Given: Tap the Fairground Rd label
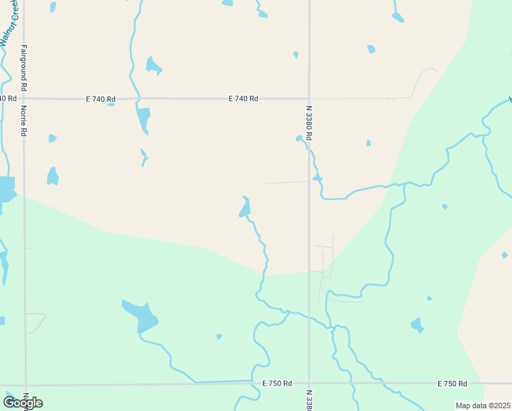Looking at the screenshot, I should (24, 68).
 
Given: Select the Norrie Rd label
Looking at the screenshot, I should (24, 121).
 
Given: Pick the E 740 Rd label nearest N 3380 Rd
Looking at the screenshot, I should (243, 99).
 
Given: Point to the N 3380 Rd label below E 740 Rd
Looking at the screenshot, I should (309, 122).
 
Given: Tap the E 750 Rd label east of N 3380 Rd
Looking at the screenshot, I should (452, 383).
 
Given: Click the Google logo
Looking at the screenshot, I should (23, 403).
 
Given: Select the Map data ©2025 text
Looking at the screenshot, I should (483, 406).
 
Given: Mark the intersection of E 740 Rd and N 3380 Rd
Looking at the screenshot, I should (309, 99).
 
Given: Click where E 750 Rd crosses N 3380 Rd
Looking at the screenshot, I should (309, 382).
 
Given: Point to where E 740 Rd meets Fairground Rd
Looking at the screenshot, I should (24, 99).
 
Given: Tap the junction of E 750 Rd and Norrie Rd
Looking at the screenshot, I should (26, 384).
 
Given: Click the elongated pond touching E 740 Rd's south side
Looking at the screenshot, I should (143, 120).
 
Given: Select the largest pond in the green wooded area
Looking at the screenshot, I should (141, 315).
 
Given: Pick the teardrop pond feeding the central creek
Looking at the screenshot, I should (244, 207).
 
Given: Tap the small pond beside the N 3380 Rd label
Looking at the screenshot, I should (299, 138).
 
